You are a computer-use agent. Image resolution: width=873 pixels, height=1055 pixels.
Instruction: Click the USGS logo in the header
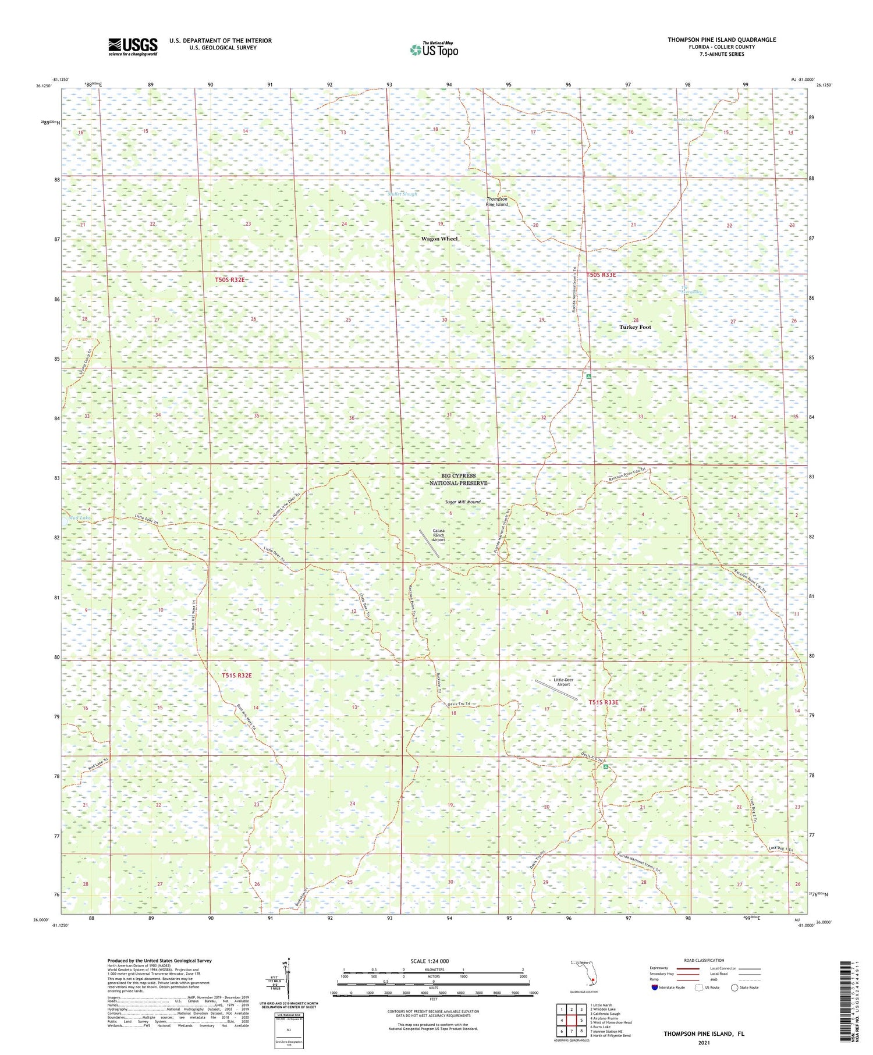pyautogui.click(x=133, y=47)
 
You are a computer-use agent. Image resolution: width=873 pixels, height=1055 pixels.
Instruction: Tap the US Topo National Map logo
pyautogui.click(x=434, y=49)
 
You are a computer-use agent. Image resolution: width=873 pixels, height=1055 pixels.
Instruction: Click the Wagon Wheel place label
pyautogui.click(x=439, y=239)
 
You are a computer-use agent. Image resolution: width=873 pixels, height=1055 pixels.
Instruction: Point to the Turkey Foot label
pyautogui.click(x=635, y=327)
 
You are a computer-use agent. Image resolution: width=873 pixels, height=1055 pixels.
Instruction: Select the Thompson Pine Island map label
pyautogui.click(x=497, y=202)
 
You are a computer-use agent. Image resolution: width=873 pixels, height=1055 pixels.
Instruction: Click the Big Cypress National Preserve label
pyautogui.click(x=458, y=479)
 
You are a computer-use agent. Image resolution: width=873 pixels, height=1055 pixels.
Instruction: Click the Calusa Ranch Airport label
pyautogui.click(x=438, y=535)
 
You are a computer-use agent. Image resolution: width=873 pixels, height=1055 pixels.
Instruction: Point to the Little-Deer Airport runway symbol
pyautogui.click(x=556, y=690)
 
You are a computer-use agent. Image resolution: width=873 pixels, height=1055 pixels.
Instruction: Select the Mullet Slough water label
pyautogui.click(x=402, y=194)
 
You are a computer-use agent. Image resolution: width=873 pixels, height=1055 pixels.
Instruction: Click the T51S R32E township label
pyautogui.click(x=237, y=676)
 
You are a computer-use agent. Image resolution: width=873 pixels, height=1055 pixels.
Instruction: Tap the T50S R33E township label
pyautogui.click(x=601, y=275)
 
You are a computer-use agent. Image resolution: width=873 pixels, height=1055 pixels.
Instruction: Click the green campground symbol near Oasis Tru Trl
pyautogui.click(x=606, y=767)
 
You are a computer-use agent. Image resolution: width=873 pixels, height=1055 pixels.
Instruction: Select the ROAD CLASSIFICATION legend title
pyautogui.click(x=704, y=960)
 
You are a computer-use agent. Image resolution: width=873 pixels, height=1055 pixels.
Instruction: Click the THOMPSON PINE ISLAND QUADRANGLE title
pyautogui.click(x=722, y=40)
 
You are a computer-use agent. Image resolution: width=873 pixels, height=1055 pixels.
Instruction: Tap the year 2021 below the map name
pyautogui.click(x=704, y=1042)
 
